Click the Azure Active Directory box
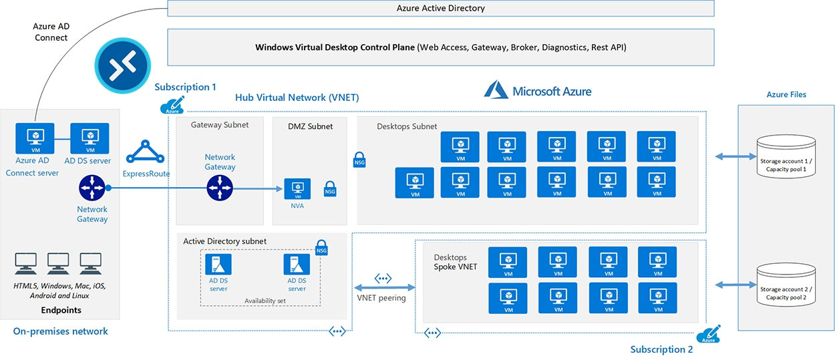point(440,9)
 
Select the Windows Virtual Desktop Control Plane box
point(440,47)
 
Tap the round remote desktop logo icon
point(122,65)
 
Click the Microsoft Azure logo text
point(538,91)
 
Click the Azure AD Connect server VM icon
point(35,138)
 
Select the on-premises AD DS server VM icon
point(90,138)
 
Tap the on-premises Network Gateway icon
point(92,188)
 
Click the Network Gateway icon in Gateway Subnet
point(220,188)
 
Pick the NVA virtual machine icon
point(297,188)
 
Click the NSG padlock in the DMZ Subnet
point(330,188)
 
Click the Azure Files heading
point(786,95)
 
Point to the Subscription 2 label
point(661,349)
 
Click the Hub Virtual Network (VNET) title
point(297,98)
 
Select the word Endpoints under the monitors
point(61,310)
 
